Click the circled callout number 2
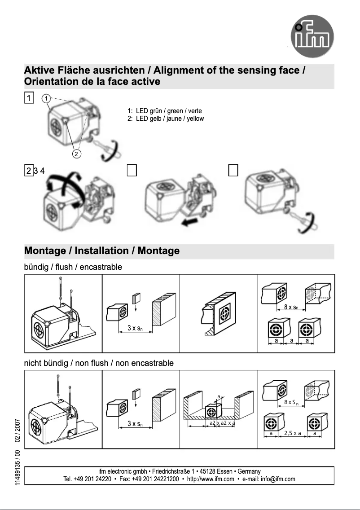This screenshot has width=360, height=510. [x=77, y=154]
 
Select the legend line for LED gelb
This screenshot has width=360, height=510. [x=166, y=119]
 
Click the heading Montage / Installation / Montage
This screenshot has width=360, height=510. [x=101, y=251]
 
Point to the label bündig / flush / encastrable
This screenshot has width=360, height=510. [x=73, y=267]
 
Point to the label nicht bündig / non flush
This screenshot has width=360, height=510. [x=98, y=363]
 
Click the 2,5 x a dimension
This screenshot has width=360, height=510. [x=292, y=434]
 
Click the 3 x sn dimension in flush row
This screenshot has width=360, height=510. [x=135, y=328]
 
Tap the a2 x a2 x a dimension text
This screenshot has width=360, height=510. [x=222, y=423]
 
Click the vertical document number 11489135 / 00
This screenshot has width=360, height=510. [x=17, y=467]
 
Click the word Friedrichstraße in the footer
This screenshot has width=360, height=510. [x=171, y=471]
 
